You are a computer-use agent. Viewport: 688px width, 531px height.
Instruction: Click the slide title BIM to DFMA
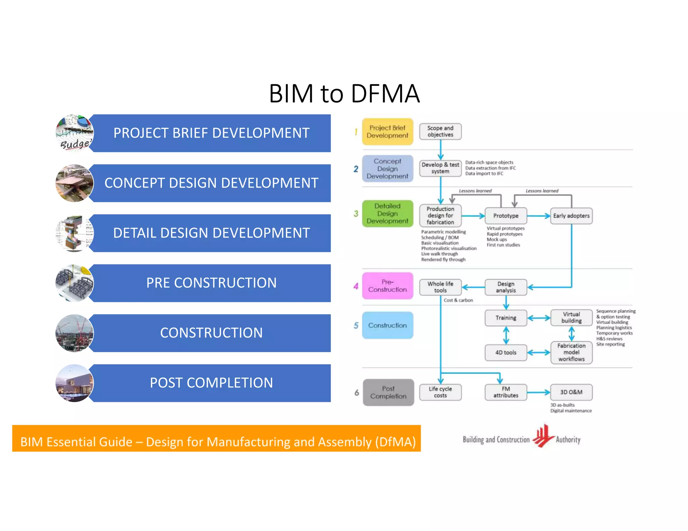344,93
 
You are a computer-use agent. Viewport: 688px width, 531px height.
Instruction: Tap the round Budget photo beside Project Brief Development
74,133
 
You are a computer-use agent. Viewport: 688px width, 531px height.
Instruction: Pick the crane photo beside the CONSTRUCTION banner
74,333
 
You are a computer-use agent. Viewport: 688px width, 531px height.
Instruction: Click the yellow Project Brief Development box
387,132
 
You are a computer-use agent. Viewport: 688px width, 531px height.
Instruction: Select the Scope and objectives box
440,131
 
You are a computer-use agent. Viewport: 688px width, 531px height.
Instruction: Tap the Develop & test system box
440,168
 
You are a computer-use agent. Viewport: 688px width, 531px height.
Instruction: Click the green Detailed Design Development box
387,213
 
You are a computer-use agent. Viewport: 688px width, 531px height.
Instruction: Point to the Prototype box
506,216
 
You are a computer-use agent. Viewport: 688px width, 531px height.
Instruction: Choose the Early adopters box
571,216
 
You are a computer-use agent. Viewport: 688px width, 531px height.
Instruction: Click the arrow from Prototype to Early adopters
538,216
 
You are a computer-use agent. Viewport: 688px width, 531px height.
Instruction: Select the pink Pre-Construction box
387,286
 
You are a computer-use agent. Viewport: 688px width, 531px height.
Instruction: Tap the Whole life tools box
440,287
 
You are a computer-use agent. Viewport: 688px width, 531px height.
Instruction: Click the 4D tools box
506,352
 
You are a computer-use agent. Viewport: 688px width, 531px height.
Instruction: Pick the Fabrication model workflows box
571,352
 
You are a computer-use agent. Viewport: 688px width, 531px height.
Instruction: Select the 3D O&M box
571,392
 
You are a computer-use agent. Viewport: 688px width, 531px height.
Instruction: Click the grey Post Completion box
388,392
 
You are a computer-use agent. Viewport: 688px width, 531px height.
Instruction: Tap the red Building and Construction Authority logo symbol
543,436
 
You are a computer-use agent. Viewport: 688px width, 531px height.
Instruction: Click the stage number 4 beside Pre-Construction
356,286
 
